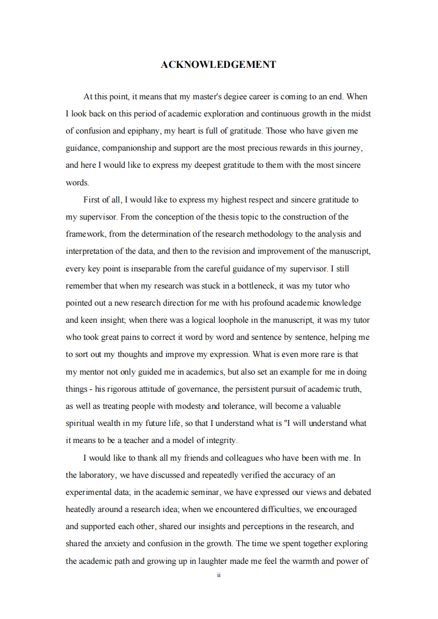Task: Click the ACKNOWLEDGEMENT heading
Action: point(218,65)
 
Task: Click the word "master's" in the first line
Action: point(207,97)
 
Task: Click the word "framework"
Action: point(86,234)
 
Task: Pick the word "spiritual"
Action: point(82,423)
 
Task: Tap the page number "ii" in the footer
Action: point(219,575)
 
